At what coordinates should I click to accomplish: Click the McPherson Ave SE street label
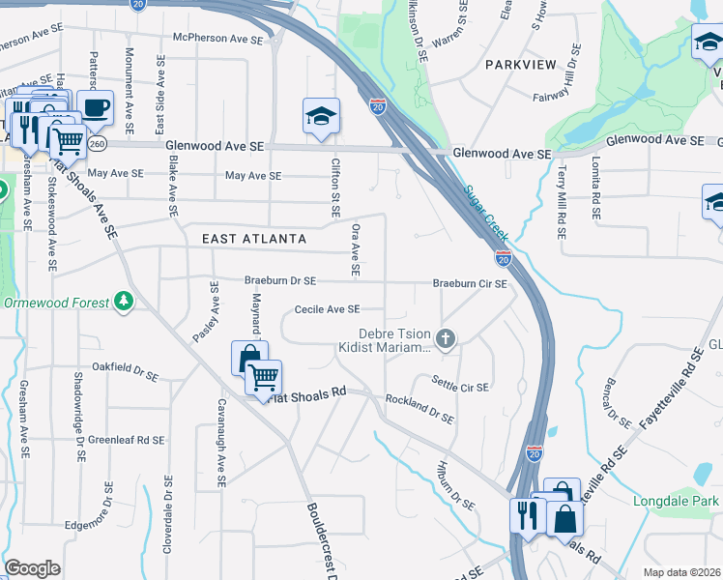pos(217,38)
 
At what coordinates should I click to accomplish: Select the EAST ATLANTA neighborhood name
pos(254,239)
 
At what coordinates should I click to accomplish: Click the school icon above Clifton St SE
pos(321,117)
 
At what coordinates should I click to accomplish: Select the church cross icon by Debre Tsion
pos(445,338)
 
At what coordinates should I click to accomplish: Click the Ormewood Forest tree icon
pos(123,303)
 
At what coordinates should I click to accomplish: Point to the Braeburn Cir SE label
pos(470,284)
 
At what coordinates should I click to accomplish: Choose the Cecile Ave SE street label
pos(327,309)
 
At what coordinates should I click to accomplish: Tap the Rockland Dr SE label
pos(419,409)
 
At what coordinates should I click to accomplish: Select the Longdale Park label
pos(677,502)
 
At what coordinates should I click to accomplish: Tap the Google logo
pos(33,568)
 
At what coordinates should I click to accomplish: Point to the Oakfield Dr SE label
pos(125,367)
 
